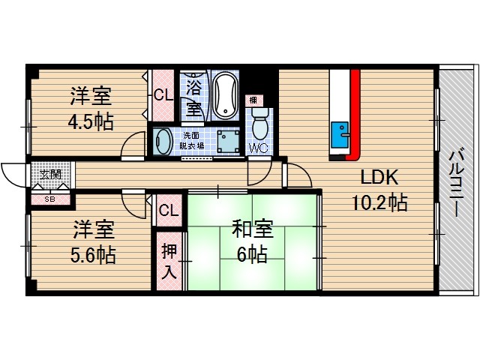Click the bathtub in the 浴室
tap(224, 97)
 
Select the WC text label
tap(259, 146)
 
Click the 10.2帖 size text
tap(381, 202)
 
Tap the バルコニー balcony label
tap(454, 181)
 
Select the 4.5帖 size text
tap(92, 121)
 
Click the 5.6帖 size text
tap(94, 254)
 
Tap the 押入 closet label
tap(169, 262)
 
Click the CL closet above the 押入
tap(169, 211)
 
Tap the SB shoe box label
tap(50, 199)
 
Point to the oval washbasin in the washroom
tap(163, 140)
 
